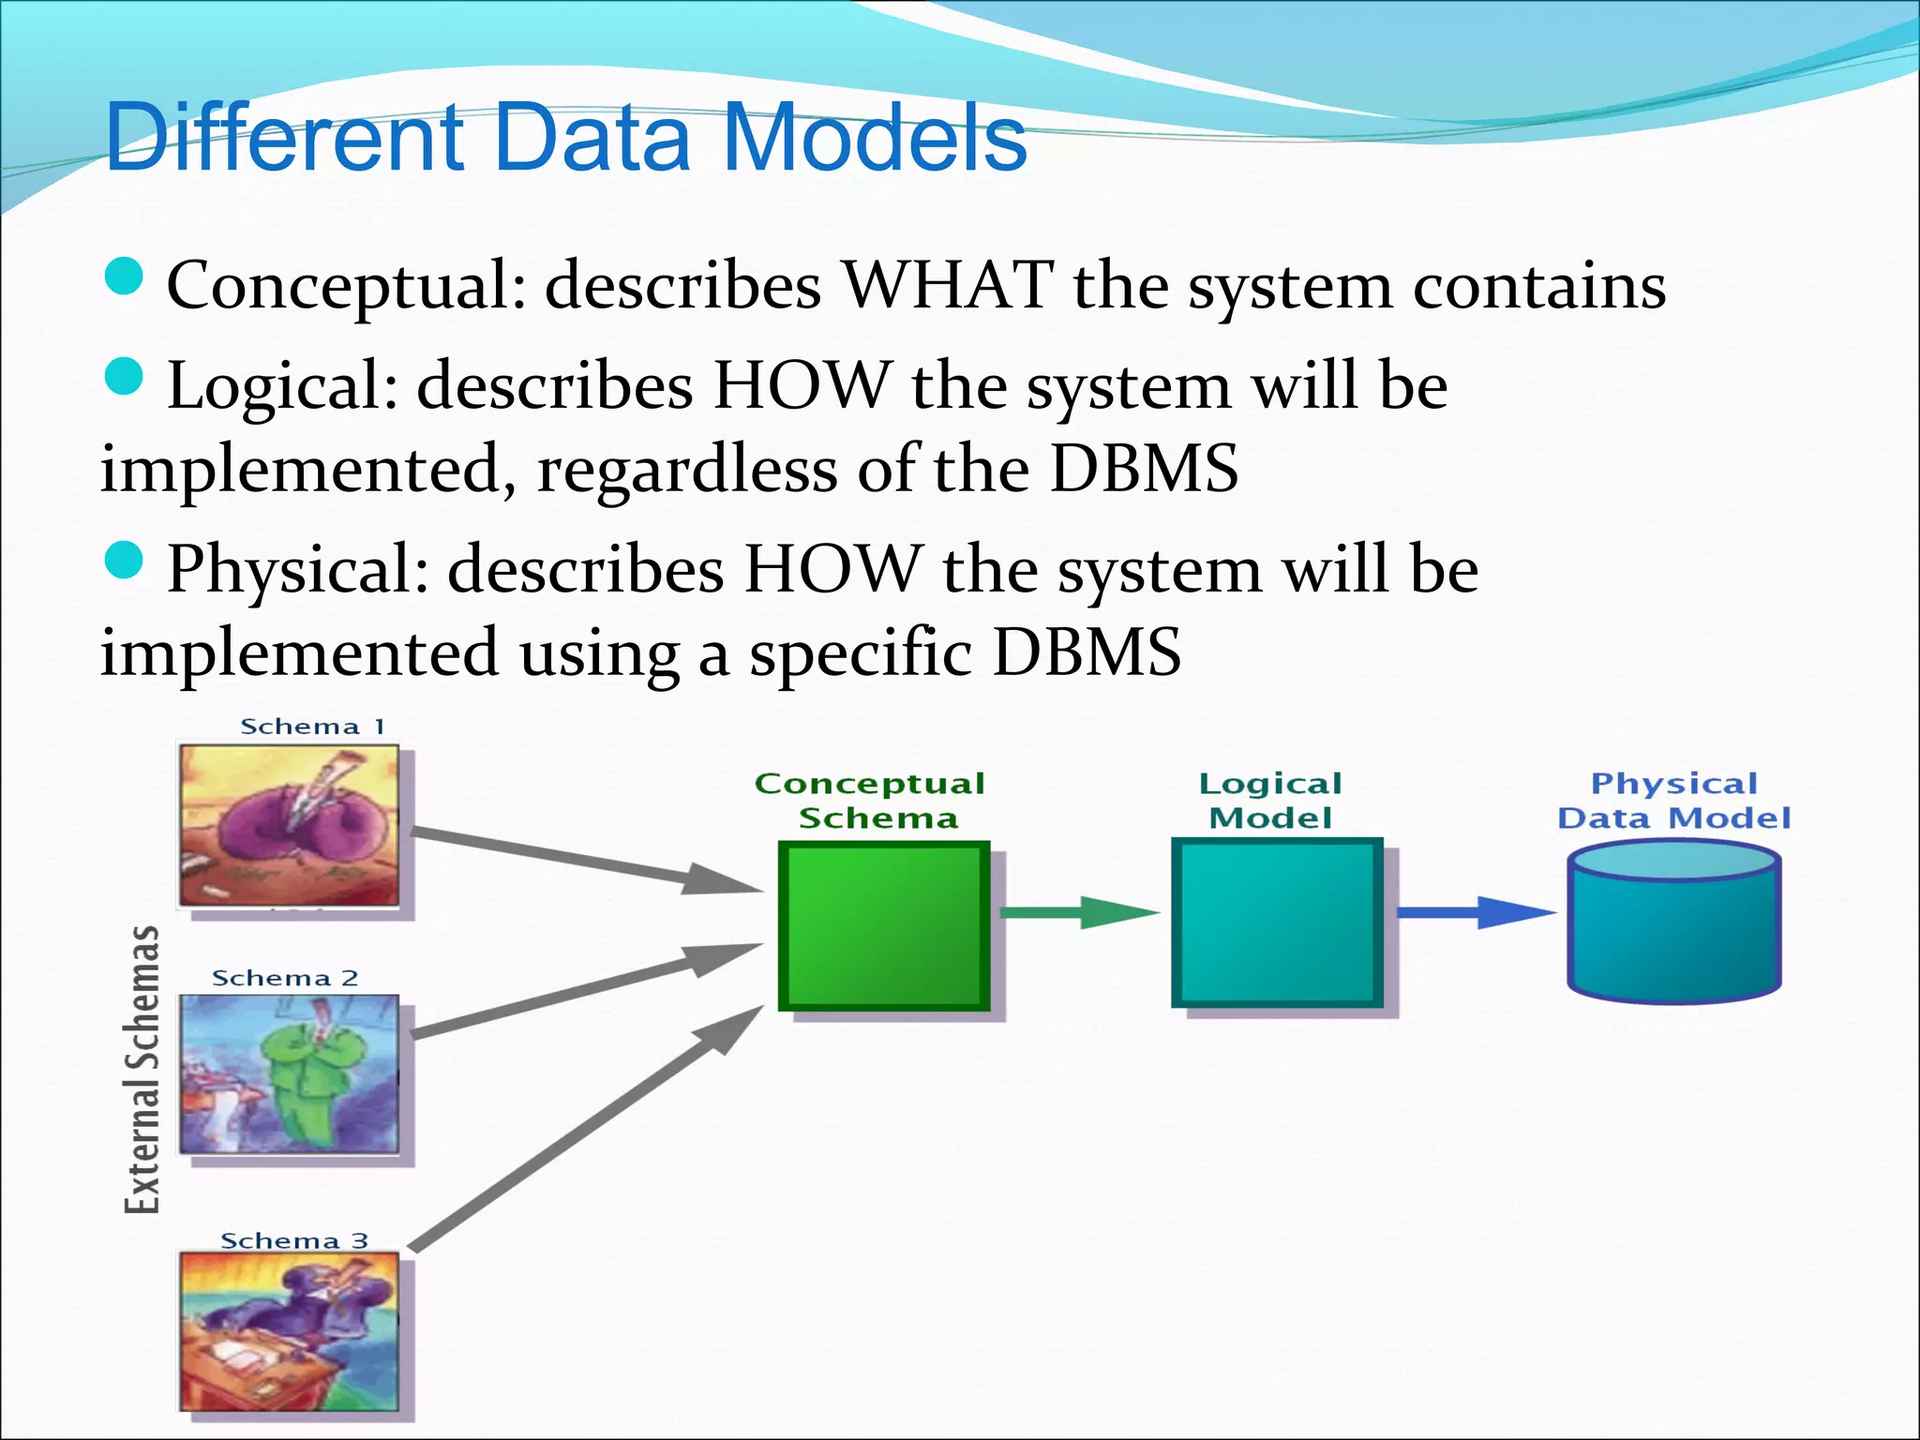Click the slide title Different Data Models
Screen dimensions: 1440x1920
click(x=566, y=139)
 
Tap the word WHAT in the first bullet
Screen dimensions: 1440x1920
click(x=947, y=285)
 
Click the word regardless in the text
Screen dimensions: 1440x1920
click(x=686, y=469)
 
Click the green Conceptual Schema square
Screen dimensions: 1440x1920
click(x=883, y=926)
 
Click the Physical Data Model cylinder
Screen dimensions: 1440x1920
click(x=1674, y=923)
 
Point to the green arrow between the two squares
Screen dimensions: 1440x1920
click(x=1078, y=911)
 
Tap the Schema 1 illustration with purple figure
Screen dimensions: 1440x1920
click(x=289, y=825)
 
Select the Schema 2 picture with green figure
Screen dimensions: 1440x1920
click(x=289, y=1074)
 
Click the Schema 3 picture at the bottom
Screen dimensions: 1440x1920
click(x=289, y=1331)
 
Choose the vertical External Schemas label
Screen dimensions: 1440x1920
click(x=142, y=1069)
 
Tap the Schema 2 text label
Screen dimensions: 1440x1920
click(x=285, y=979)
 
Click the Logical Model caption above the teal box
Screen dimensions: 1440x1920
click(x=1270, y=801)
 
